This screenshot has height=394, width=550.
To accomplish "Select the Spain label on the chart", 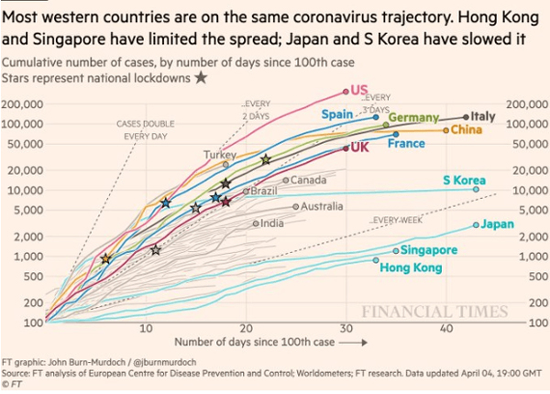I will point(337,114).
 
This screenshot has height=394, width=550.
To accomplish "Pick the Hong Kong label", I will point(411,268).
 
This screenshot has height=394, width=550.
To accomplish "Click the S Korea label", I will point(464,180).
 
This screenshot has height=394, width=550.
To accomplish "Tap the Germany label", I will point(414,117).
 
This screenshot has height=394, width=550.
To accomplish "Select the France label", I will point(405,144).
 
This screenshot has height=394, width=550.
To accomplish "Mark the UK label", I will point(358,148).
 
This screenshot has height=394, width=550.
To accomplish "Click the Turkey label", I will point(221,155).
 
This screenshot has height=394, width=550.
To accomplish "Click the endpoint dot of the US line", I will point(346,91).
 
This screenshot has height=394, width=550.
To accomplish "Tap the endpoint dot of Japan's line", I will point(476,224).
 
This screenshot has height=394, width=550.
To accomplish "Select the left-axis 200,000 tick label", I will point(25,104).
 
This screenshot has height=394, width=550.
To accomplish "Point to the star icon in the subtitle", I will point(200,78).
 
